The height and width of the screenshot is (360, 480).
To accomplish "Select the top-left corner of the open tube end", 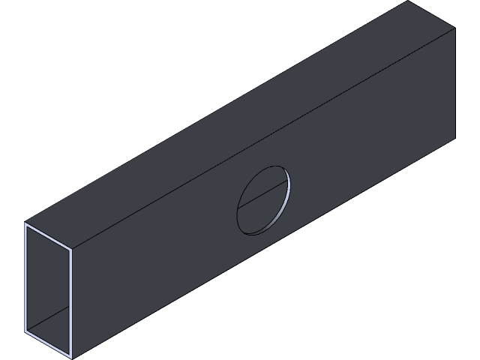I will click(25, 223).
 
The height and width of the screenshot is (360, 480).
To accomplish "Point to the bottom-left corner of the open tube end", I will click(25, 331).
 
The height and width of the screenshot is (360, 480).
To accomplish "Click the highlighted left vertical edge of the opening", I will click(25, 277).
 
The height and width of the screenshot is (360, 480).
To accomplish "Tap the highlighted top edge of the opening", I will click(48, 235).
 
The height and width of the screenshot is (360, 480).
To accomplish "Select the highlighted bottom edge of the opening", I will click(48, 343).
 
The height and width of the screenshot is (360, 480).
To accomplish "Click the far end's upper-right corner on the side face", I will click(455, 28).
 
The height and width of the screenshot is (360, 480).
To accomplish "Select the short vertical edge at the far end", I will click(455, 82).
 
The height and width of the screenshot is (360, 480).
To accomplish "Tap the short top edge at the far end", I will click(432, 14).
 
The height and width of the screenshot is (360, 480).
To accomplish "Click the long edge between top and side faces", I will click(262, 139).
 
